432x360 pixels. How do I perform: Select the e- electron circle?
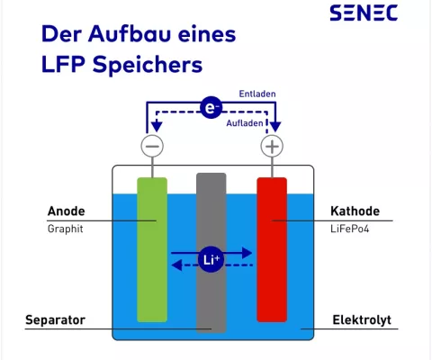point(212,109)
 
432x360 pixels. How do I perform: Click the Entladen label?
point(256,94)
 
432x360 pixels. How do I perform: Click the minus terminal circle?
point(153,146)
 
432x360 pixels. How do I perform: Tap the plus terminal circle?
point(271,146)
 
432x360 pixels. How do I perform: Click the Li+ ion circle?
point(211,260)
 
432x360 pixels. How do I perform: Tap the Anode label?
point(66,212)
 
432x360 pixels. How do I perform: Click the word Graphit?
point(65,229)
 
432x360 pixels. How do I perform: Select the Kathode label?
point(355,212)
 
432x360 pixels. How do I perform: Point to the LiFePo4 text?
point(351,229)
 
